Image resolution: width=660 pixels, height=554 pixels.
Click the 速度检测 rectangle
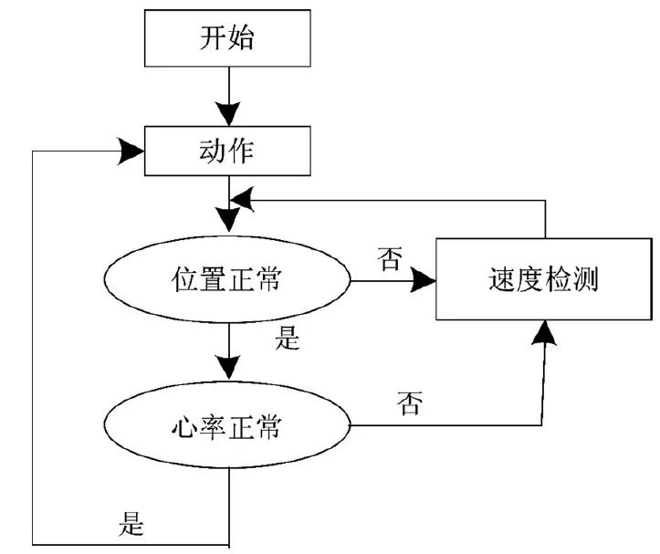click(x=543, y=279)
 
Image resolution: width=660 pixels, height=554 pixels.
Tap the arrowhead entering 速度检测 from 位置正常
click(x=422, y=281)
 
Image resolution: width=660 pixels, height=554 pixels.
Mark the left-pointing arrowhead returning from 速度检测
click(x=241, y=195)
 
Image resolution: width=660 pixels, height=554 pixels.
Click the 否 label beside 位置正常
click(x=389, y=259)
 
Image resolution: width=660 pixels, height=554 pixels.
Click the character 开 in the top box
click(x=213, y=39)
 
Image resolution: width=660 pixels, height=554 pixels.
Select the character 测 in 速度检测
click(x=587, y=279)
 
